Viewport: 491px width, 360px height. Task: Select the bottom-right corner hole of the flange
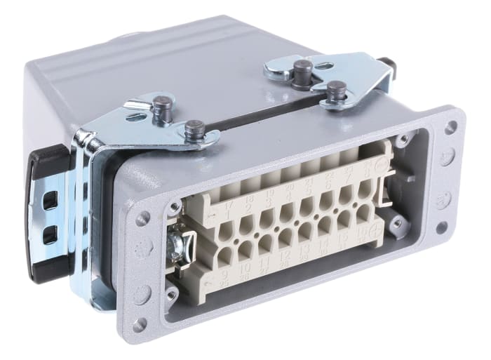(x=442, y=227)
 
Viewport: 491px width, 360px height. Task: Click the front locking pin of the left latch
(x=194, y=129)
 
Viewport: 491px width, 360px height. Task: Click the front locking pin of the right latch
(x=336, y=91)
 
